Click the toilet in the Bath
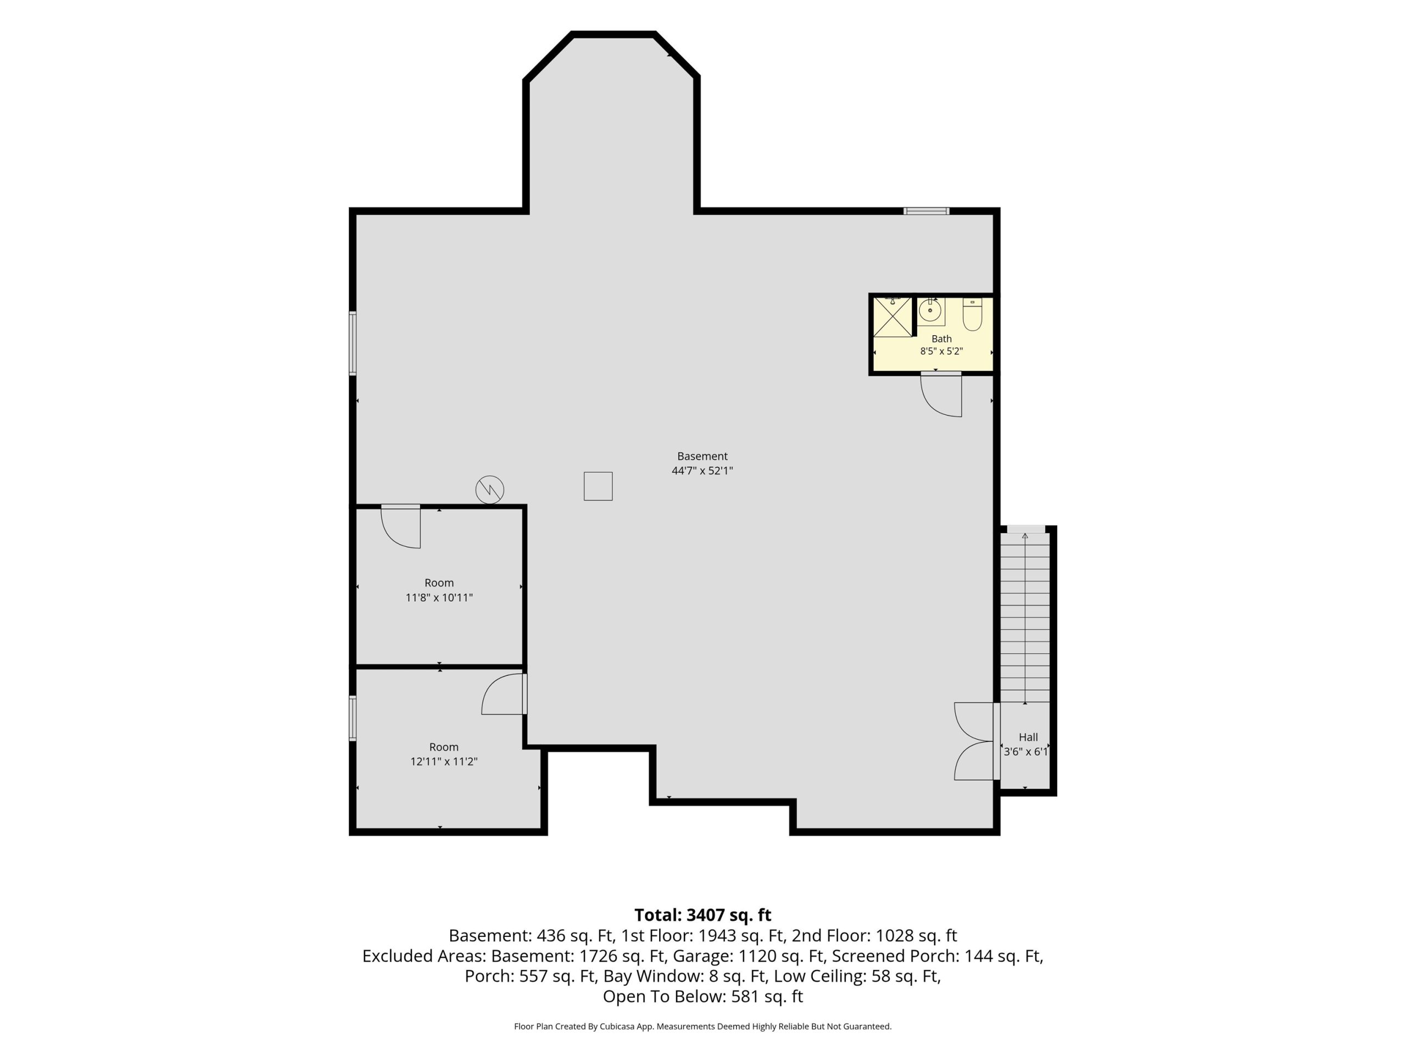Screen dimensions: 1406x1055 coord(973,314)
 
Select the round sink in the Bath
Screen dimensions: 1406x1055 coord(930,311)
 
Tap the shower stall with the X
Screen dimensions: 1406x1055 coord(892,316)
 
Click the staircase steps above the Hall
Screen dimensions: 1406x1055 coord(1025,618)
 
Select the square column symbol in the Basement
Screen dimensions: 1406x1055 coord(598,486)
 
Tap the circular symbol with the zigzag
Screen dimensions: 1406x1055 coord(490,490)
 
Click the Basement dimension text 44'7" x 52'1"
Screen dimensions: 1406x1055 coord(702,470)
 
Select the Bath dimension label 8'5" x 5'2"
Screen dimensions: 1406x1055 coord(941,351)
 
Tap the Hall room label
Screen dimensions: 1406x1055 coord(1029,737)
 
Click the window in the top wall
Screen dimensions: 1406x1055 coord(927,211)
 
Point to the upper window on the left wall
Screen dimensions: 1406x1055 coord(353,343)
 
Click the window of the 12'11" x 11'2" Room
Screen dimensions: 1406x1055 coord(353,718)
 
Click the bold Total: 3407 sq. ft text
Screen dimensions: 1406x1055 coord(703,915)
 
